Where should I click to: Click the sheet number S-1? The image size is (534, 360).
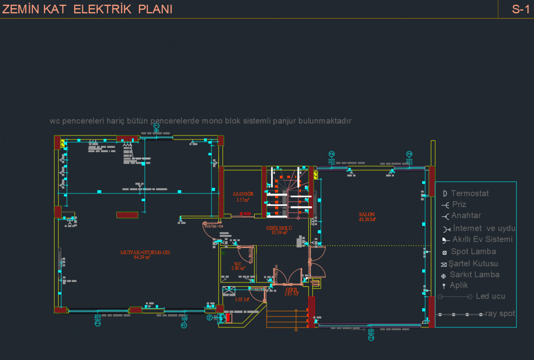click(521, 9)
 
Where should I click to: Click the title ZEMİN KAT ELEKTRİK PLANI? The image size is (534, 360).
click(87, 9)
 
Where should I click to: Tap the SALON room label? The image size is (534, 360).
click(367, 214)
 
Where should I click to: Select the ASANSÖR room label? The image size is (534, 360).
click(243, 194)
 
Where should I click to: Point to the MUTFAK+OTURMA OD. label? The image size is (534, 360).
click(145, 252)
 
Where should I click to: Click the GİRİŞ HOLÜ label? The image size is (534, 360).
click(279, 228)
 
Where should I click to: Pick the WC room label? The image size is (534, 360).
click(238, 264)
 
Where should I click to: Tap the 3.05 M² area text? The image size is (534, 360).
click(242, 300)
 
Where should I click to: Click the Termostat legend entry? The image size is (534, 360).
click(469, 194)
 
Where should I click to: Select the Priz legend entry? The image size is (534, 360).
click(459, 204)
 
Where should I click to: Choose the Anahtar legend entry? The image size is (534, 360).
click(466, 215)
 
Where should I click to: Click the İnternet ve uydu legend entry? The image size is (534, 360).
click(484, 228)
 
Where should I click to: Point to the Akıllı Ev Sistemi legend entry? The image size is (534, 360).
click(482, 239)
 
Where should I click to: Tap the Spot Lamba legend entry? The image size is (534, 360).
click(473, 252)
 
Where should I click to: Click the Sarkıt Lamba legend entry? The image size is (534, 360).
click(475, 274)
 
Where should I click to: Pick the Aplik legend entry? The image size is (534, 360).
click(459, 285)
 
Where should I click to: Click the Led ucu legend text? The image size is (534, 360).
click(490, 296)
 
